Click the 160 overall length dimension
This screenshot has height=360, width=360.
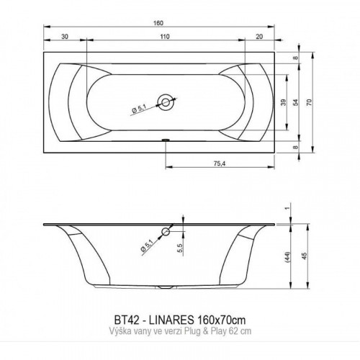[158, 23]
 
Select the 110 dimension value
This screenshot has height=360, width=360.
[165, 37]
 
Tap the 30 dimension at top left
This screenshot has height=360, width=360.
[65, 37]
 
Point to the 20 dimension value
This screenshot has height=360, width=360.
[259, 37]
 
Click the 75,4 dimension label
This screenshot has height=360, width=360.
[220, 163]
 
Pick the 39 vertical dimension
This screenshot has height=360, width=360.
[284, 102]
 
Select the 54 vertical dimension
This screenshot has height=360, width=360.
[296, 102]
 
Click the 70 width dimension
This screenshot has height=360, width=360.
[310, 102]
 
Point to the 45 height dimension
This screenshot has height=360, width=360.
[305, 256]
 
